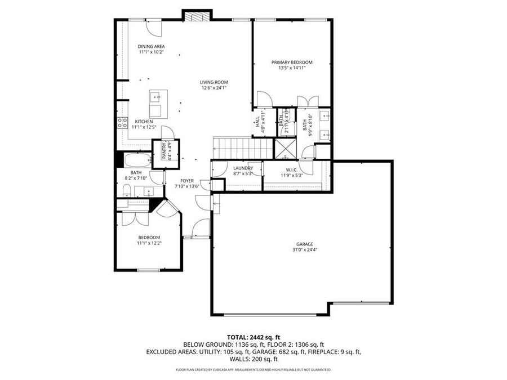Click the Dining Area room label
pos(152,46)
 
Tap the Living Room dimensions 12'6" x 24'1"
pos(214,88)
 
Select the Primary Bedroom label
pos(292,62)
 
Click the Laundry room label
pos(243,168)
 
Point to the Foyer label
pos(187,181)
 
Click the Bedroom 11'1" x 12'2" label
pos(149,237)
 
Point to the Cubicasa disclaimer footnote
pos(253,370)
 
